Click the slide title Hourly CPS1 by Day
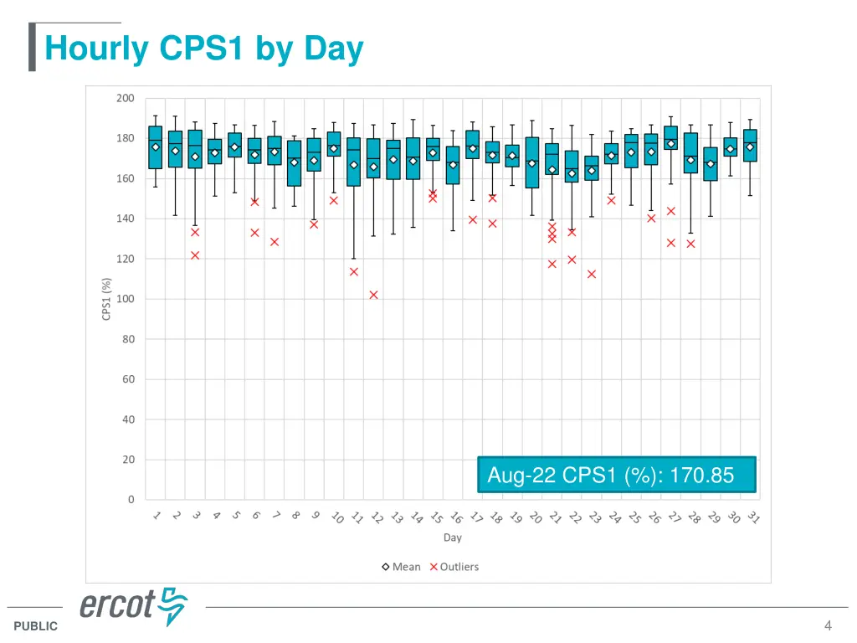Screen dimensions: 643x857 pyautogui.click(x=203, y=49)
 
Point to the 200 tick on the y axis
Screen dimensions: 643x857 pyautogui.click(x=125, y=99)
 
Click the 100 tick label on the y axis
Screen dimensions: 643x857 pyautogui.click(x=125, y=299)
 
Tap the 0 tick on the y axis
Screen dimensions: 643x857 pyautogui.click(x=131, y=500)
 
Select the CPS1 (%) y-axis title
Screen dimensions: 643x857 pyautogui.click(x=106, y=299)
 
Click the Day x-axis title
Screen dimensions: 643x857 pyautogui.click(x=452, y=538)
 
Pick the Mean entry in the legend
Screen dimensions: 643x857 pyautogui.click(x=402, y=567)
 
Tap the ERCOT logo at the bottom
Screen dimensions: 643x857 pyautogui.click(x=134, y=606)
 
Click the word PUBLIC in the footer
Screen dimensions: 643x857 pyautogui.click(x=36, y=626)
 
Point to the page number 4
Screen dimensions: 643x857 pyautogui.click(x=828, y=625)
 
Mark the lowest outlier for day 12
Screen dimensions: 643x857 pyautogui.click(x=373, y=295)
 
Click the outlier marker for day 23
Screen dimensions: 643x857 pyautogui.click(x=592, y=274)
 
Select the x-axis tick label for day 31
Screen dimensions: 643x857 pyautogui.click(x=753, y=518)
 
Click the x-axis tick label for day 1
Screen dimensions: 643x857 pyautogui.click(x=157, y=517)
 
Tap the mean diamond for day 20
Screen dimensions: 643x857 pyautogui.click(x=532, y=163)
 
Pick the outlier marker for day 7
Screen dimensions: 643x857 pyautogui.click(x=274, y=242)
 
